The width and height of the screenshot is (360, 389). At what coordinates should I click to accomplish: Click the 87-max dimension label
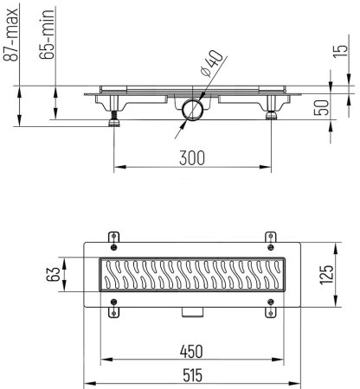pyautogui.click(x=10, y=35)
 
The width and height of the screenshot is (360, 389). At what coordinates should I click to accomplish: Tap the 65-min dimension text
pyautogui.click(x=47, y=35)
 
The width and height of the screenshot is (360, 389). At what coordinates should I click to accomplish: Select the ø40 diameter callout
pyautogui.click(x=213, y=64)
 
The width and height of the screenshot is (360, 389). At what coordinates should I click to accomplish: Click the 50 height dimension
pyautogui.click(x=321, y=108)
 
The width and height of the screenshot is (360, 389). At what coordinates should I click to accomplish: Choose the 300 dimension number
pyautogui.click(x=192, y=158)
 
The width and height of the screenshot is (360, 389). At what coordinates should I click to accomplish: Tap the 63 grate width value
pyautogui.click(x=53, y=274)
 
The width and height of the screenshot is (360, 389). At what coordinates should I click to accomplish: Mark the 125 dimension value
pyautogui.click(x=326, y=275)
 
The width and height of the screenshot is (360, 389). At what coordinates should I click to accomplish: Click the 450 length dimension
pyautogui.click(x=191, y=352)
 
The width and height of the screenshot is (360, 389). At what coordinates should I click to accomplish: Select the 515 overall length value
pyautogui.click(x=193, y=376)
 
